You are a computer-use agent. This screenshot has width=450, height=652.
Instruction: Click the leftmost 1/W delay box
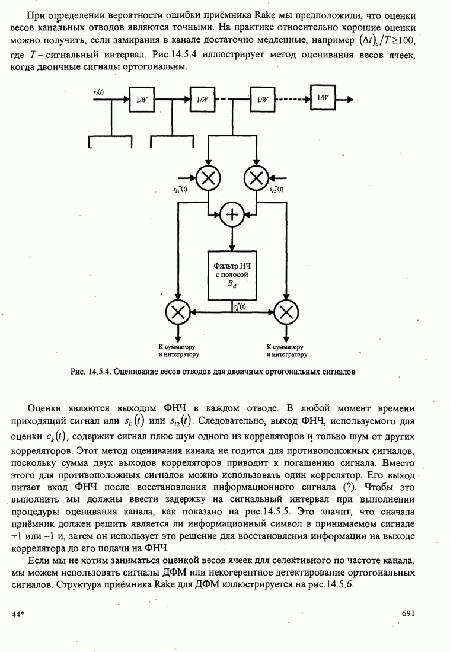point(142,100)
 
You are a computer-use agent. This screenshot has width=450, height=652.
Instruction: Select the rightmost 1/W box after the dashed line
point(322,98)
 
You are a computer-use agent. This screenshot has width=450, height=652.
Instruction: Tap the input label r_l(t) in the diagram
point(98,91)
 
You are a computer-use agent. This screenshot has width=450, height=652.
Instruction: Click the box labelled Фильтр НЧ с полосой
point(232,274)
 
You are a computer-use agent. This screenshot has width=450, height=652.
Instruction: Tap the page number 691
point(407,614)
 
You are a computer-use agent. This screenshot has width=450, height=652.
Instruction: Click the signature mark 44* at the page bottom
point(17,615)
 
